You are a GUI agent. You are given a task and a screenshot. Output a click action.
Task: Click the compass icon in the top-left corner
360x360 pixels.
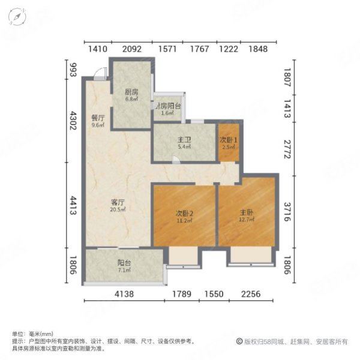click(x=19, y=17)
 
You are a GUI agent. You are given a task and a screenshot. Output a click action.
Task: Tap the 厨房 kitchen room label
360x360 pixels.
click(x=131, y=92)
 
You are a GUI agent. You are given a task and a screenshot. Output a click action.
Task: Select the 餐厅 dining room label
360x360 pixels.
click(x=98, y=118)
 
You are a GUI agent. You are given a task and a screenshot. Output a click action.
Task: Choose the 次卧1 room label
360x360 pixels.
click(x=229, y=140)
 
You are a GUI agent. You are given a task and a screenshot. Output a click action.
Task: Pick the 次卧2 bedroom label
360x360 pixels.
click(x=184, y=213)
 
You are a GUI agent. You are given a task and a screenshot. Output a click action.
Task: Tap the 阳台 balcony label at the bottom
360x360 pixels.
click(x=124, y=262)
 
